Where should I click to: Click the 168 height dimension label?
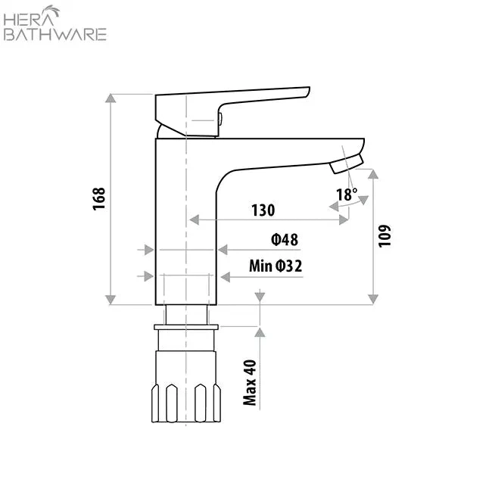[x=99, y=198]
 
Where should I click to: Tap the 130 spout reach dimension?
[x=263, y=210]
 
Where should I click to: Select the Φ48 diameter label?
[x=285, y=240]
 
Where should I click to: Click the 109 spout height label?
[x=385, y=236]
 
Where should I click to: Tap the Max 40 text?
[x=251, y=382]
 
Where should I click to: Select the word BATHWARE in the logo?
[x=55, y=34]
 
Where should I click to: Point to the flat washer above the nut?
[x=186, y=327]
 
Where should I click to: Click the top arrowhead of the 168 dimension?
[x=111, y=98]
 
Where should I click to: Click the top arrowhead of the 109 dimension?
[x=372, y=173]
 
